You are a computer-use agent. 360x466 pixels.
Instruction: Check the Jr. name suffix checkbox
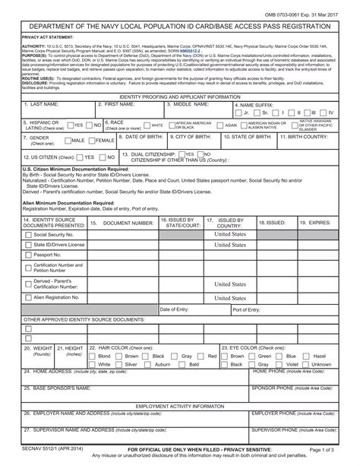tap(238, 134)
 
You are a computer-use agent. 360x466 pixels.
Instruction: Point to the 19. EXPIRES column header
tap(314, 222)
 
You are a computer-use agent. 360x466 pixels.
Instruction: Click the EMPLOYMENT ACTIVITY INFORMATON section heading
tap(180, 407)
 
